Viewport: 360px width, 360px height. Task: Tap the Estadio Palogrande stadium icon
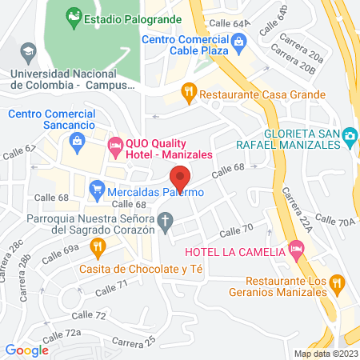pyautogui.click(x=74, y=15)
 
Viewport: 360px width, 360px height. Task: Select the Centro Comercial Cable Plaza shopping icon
pyautogui.click(x=237, y=50)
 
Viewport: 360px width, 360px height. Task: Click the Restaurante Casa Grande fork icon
pyautogui.click(x=189, y=94)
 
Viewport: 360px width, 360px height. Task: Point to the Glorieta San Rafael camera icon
pyautogui.click(x=350, y=137)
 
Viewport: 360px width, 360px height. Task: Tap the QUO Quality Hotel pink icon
pyautogui.click(x=114, y=145)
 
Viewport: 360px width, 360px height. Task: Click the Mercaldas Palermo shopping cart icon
pyautogui.click(x=97, y=189)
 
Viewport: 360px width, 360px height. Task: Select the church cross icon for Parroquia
pyautogui.click(x=166, y=221)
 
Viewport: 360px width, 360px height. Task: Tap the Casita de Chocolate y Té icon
pyautogui.click(x=97, y=246)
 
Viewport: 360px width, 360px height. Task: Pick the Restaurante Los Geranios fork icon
pyautogui.click(x=337, y=282)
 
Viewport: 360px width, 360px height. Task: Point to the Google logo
pyautogui.click(x=27, y=350)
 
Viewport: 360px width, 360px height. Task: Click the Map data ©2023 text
pyautogui.click(x=325, y=353)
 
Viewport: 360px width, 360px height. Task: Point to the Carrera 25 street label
pyautogui.click(x=132, y=342)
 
